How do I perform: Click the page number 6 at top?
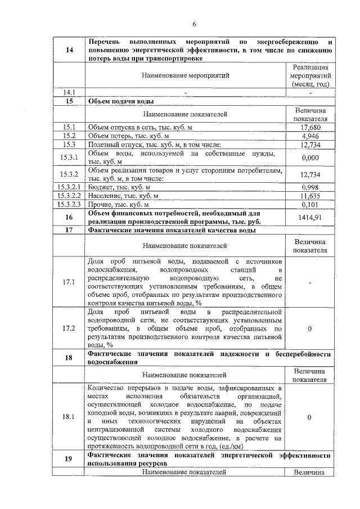[x=193, y=24]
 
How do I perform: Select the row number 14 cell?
[x=69, y=51]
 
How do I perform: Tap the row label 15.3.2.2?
[x=69, y=196]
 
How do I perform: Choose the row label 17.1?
[x=69, y=282]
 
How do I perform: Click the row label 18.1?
[x=69, y=417]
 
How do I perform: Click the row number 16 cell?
[x=69, y=217]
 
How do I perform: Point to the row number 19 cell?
[x=69, y=458]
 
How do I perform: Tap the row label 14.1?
[x=69, y=92]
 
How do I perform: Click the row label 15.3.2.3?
[x=69, y=204]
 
